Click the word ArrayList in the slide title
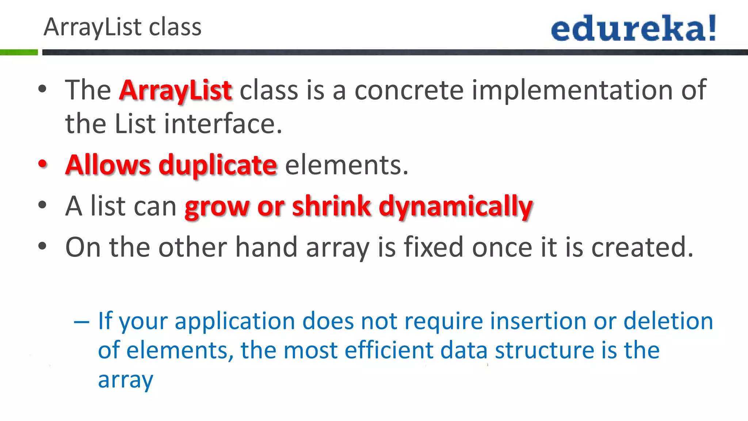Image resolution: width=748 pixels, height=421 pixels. tap(92, 27)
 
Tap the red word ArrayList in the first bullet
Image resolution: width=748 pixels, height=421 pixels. tap(175, 90)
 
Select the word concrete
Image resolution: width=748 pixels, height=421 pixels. tap(409, 90)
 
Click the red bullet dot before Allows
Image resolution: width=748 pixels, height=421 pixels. tap(43, 164)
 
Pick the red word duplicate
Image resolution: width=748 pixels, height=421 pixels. tap(218, 165)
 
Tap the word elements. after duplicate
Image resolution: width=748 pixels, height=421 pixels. tap(346, 165)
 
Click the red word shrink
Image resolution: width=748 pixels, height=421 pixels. tap(332, 206)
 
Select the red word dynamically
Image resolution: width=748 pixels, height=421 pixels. tap(455, 207)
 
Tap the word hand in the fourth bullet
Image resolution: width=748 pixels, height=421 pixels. tap(266, 247)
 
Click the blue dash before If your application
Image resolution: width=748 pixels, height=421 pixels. tap(81, 322)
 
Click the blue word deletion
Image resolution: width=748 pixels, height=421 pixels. tap(668, 321)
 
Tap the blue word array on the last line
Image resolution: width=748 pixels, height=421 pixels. tap(126, 380)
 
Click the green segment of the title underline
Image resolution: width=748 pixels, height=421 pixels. tap(19, 52)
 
